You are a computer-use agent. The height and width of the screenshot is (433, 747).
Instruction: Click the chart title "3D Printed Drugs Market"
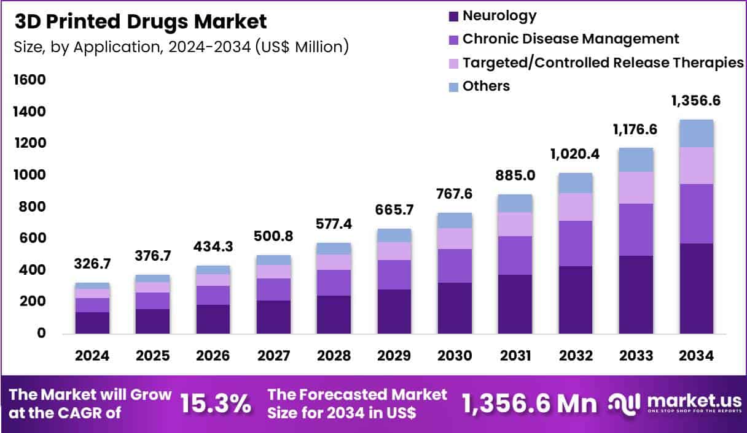coord(141,21)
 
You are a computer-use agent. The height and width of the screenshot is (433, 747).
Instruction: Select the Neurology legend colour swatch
coord(454,16)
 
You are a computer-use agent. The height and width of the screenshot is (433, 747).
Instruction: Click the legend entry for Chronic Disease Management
coord(570,39)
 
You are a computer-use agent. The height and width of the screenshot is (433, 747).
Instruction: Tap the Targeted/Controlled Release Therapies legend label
coord(603,63)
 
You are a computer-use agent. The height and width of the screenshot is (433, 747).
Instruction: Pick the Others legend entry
coord(485,86)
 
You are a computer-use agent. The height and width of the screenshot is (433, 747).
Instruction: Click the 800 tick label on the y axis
coord(31,207)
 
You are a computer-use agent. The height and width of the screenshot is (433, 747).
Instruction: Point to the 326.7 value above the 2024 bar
coord(92,264)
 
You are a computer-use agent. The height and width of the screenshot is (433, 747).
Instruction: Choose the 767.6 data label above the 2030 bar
coord(454,194)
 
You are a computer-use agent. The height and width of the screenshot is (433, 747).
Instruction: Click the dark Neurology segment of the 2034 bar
coord(696,288)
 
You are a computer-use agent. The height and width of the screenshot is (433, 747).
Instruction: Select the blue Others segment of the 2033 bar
coord(636,159)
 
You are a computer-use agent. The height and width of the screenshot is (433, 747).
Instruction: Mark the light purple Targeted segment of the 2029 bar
coord(394,251)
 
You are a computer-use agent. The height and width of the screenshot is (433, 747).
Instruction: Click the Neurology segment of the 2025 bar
coord(152,321)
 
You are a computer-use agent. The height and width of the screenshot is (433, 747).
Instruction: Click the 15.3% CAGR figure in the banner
coord(215,404)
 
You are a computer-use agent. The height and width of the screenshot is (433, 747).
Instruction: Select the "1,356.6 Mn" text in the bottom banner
coord(529,404)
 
